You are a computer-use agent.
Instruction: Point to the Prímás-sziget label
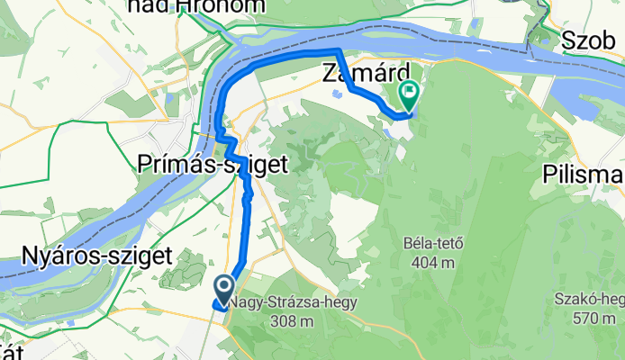click(213, 164)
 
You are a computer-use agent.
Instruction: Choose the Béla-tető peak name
click(429, 244)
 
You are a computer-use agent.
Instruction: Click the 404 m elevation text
click(429, 262)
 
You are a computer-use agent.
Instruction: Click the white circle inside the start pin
click(223, 285)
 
